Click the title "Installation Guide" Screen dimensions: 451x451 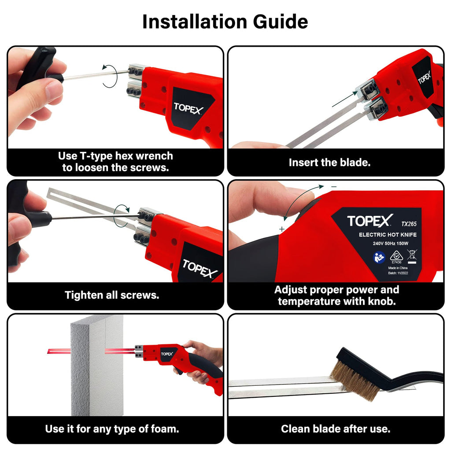pos(225,22)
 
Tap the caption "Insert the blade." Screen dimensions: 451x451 pos(329,162)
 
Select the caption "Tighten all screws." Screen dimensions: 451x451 pos(112,295)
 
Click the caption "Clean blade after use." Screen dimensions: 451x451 pos(336,429)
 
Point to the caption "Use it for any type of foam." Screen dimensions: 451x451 pos(112,429)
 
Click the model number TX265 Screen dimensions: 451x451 pos(408,224)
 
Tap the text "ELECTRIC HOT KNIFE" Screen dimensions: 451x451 pos(388,235)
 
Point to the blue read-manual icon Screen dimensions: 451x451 pos(379,257)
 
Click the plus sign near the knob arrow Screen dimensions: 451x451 pos(281,229)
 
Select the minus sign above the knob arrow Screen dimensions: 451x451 pos(334,187)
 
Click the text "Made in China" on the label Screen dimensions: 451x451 pos(398,267)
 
